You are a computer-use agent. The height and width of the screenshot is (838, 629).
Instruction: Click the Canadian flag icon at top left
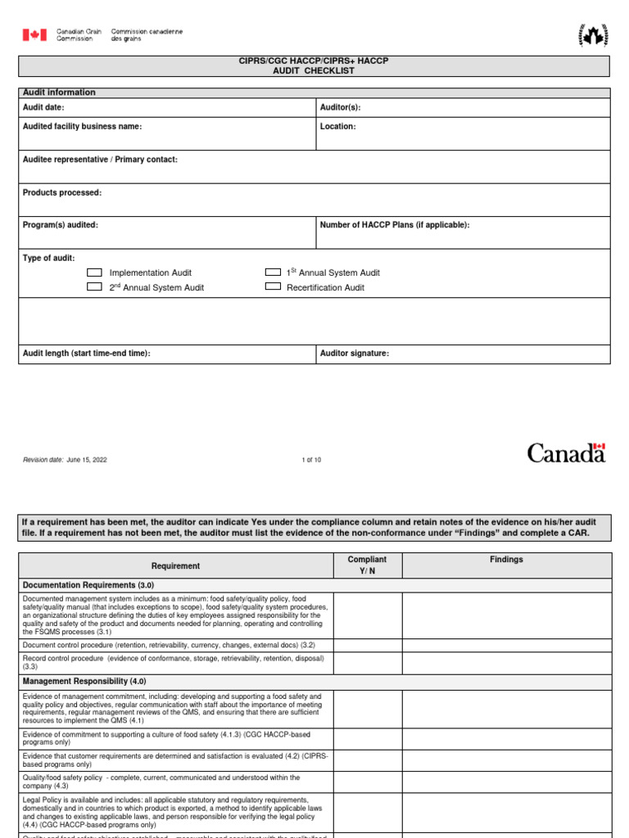click(x=34, y=34)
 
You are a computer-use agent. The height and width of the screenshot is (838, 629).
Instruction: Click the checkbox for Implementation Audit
click(x=94, y=273)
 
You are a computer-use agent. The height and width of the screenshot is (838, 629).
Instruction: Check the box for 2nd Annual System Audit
click(x=94, y=287)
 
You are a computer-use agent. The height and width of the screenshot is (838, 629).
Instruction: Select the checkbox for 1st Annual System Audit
click(x=273, y=273)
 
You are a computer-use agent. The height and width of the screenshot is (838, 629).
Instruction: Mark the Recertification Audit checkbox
click(x=273, y=287)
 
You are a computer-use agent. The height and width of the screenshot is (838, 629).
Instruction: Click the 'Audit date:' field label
click(x=43, y=107)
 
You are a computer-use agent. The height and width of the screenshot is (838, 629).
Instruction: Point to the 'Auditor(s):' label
click(x=340, y=107)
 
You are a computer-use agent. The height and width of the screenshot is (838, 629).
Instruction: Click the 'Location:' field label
click(x=337, y=127)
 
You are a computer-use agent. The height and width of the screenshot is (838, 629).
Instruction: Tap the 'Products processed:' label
click(x=62, y=193)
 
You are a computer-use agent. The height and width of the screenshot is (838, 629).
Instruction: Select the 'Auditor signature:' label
click(x=355, y=354)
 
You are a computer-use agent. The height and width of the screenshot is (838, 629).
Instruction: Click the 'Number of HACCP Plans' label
click(x=395, y=225)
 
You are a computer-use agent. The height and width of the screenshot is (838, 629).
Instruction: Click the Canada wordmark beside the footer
click(x=566, y=453)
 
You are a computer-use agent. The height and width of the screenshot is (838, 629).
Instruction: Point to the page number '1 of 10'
click(x=312, y=460)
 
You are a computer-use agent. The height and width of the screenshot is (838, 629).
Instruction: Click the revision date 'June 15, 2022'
click(x=87, y=460)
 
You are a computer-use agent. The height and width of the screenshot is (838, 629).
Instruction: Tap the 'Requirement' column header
click(x=175, y=565)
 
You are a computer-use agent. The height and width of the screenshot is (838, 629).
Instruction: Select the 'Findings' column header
click(x=507, y=560)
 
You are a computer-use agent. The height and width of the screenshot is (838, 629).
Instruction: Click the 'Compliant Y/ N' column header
click(x=367, y=565)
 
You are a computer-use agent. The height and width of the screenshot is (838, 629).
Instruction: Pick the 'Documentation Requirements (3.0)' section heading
click(x=88, y=585)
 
